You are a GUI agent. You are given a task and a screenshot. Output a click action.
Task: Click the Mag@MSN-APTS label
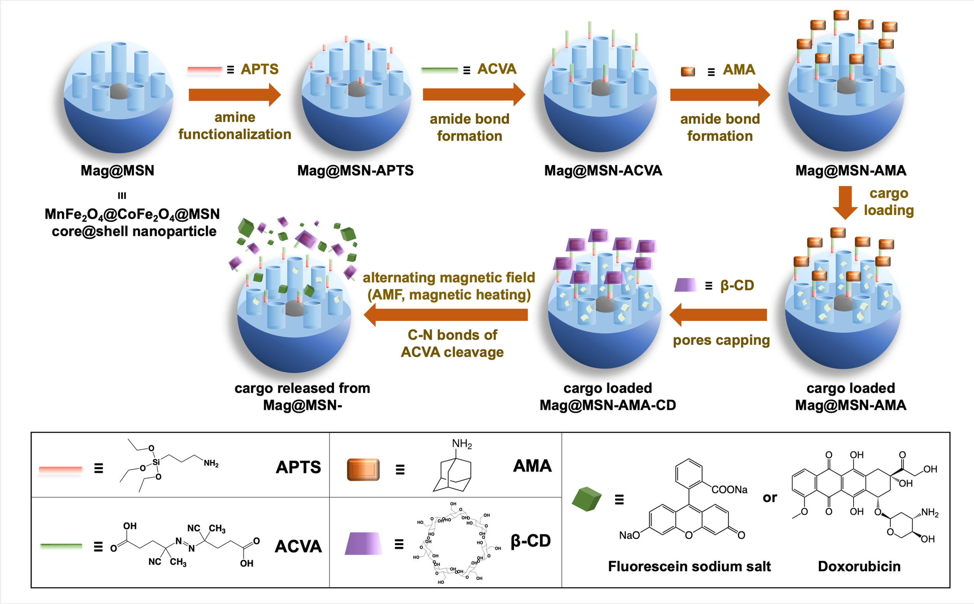(355, 170)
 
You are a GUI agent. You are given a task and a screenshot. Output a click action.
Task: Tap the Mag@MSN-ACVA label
(603, 170)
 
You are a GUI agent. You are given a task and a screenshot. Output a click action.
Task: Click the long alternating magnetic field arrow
(446, 315)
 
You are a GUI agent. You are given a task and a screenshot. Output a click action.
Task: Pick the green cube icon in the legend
(586, 499)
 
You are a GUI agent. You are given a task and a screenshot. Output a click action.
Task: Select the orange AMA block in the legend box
(363, 469)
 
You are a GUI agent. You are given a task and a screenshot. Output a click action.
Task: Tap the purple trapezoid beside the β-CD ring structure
(363, 543)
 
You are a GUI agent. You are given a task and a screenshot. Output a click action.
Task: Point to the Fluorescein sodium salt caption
(689, 566)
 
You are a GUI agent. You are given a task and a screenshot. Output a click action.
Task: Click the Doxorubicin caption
(859, 566)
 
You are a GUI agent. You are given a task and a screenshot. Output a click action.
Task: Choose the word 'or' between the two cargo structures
(770, 498)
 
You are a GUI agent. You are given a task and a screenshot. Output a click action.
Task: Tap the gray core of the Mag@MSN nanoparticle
(118, 92)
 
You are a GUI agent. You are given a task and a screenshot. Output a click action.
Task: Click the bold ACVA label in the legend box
(298, 546)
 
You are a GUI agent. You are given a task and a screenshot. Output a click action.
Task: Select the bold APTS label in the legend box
(298, 467)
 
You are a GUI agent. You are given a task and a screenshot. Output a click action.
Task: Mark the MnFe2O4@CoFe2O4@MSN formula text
(132, 214)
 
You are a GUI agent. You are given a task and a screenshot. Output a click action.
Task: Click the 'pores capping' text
(721, 340)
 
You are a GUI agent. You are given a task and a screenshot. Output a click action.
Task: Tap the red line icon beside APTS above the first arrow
(205, 70)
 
